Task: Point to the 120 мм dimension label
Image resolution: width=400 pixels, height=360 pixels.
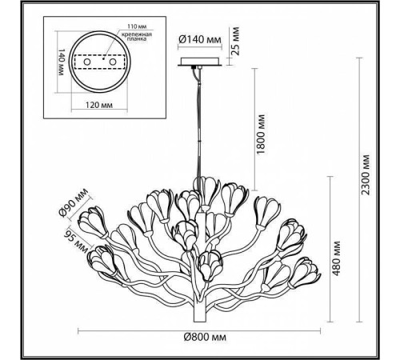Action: click(97, 104)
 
